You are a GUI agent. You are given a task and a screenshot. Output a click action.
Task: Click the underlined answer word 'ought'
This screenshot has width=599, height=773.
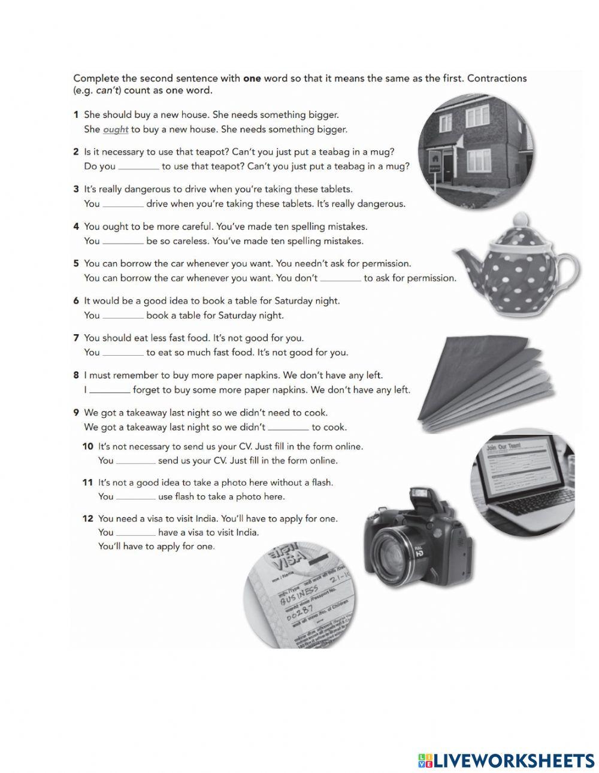[x=116, y=129]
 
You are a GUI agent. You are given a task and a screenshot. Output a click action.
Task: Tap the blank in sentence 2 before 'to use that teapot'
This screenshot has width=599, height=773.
[x=138, y=166]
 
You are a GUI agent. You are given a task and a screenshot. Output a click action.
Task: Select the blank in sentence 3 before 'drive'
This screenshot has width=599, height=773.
[x=123, y=204]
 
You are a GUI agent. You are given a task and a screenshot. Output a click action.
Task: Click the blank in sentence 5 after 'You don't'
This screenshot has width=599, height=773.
[x=340, y=278]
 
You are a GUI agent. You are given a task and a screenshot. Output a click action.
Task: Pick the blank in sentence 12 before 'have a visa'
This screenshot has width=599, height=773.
[x=135, y=532]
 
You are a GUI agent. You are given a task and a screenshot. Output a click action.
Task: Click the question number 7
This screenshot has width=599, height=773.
[x=76, y=338]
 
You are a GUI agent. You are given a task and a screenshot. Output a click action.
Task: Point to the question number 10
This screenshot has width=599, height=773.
[x=87, y=446]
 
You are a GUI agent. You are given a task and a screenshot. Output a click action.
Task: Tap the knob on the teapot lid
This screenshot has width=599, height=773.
[x=521, y=219]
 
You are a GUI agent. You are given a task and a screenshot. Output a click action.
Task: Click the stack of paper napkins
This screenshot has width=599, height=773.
[x=485, y=383]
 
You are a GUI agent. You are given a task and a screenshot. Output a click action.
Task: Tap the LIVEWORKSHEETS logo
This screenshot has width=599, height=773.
[x=506, y=760]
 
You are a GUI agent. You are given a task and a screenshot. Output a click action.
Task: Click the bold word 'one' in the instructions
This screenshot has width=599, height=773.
[x=252, y=78]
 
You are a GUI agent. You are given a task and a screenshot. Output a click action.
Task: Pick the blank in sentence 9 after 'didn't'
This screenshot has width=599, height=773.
[x=288, y=428]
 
